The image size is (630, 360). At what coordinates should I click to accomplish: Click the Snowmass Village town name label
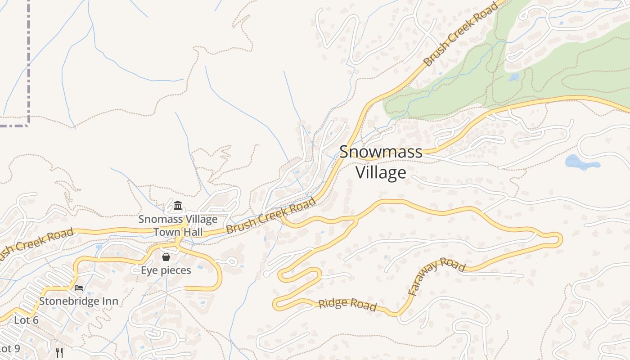click(381, 162)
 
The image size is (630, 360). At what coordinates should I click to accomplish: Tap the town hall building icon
click(178, 206)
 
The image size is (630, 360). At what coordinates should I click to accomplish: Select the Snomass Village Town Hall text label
click(178, 225)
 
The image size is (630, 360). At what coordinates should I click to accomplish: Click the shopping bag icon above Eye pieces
click(166, 257)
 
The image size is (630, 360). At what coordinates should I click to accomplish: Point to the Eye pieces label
click(166, 270)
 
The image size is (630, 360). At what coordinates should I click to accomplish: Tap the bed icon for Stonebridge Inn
click(79, 288)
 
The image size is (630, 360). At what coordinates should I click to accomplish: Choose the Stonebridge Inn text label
click(79, 301)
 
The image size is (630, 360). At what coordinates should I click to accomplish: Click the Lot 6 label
click(26, 320)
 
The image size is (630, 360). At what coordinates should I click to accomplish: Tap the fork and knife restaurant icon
click(59, 352)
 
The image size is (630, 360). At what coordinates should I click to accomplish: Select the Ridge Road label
click(347, 305)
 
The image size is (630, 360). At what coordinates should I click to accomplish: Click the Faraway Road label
click(436, 275)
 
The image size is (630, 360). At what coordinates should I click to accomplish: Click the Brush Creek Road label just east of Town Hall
click(271, 216)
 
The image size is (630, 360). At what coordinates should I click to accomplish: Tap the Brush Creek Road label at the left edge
click(36, 246)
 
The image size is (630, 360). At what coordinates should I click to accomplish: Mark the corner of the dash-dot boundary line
click(28, 124)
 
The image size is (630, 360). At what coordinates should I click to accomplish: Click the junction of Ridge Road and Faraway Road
click(398, 314)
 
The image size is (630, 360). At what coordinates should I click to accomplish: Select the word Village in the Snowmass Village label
click(381, 172)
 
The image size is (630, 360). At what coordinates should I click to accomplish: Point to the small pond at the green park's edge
click(513, 77)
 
